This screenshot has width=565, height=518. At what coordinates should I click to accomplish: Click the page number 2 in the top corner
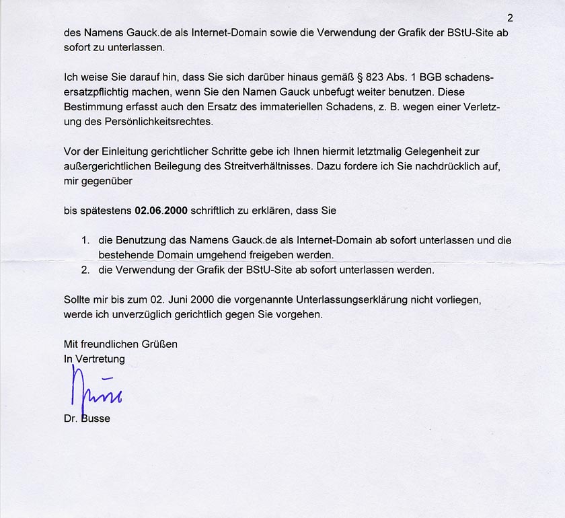pyautogui.click(x=510, y=18)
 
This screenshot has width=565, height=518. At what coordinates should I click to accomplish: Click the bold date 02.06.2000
pyautogui.click(x=161, y=211)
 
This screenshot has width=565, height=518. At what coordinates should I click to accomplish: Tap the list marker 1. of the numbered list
pyautogui.click(x=85, y=240)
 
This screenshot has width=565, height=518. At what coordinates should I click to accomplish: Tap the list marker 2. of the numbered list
pyautogui.click(x=85, y=270)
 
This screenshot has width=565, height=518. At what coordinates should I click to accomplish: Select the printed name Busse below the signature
pyautogui.click(x=96, y=419)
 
